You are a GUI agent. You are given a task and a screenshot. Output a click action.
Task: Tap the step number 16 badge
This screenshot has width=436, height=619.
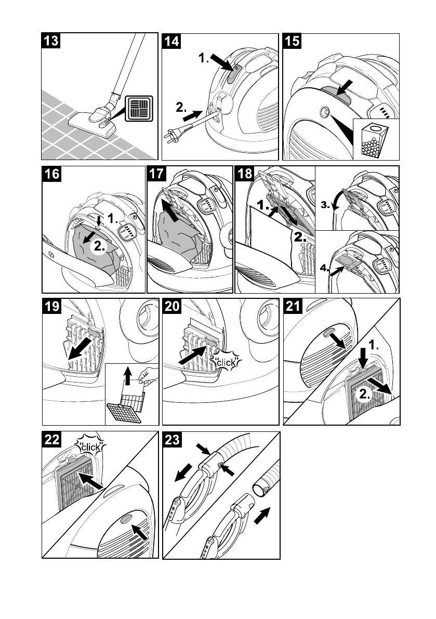click(51, 174)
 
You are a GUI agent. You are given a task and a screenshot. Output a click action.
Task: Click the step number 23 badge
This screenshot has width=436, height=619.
click(172, 440)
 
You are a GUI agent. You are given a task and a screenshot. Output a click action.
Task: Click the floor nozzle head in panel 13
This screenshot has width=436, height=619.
click(90, 125)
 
